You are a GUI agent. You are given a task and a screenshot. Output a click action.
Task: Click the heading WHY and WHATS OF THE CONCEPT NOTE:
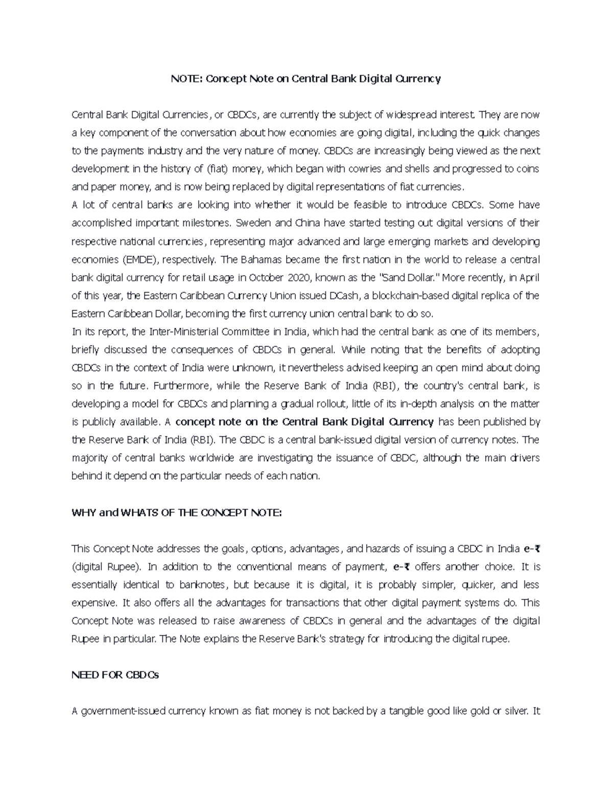click(x=176, y=513)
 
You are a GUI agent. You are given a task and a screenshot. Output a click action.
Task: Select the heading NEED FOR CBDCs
click(x=115, y=675)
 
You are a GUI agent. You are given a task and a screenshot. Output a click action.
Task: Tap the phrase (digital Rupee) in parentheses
click(x=108, y=567)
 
